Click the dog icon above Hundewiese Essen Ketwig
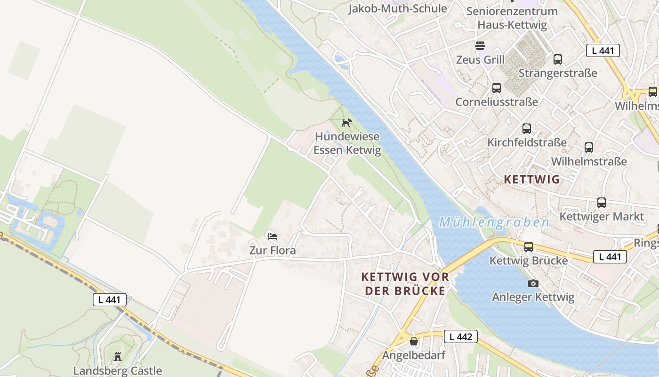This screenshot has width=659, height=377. tap(346, 123)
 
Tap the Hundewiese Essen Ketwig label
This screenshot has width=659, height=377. tap(347, 143)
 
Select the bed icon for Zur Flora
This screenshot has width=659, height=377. tap(272, 236)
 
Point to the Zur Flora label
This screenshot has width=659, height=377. tap(273, 251)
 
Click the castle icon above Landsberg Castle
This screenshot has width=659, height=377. tap(118, 356)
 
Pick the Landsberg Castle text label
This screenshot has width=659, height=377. tap(118, 371)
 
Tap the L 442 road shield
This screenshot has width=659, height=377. tap(460, 336)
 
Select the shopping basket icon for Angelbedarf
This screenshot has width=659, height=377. tap(414, 341)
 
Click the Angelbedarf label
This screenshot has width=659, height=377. tap(414, 355)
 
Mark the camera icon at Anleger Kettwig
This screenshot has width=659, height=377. tap(533, 283)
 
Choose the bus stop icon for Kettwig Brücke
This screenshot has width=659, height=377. tap(529, 246)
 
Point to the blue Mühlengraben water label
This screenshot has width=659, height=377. tap(494, 222)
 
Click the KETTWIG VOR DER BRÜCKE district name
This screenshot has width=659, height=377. tap(405, 284)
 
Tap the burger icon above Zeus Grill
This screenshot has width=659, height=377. tap(480, 46)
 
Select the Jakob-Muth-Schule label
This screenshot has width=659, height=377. tap(397, 8)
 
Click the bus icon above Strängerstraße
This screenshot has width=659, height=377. tap(558, 59)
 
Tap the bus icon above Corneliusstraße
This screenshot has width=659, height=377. tap(497, 88)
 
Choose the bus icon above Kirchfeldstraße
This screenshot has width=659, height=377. tap(527, 129)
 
